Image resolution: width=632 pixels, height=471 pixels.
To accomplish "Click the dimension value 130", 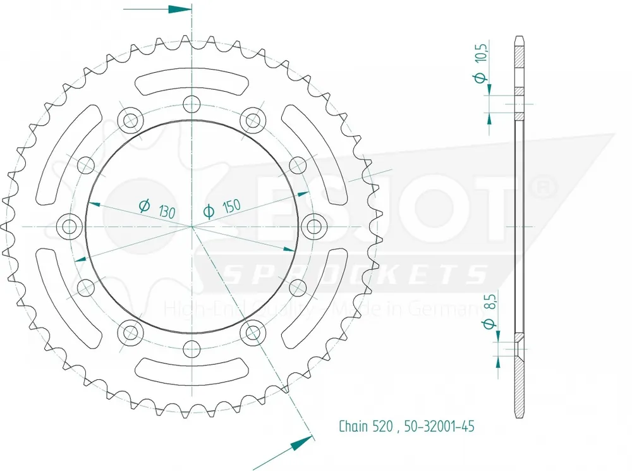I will pos(167,210).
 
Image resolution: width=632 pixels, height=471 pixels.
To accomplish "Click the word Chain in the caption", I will pos(353,426).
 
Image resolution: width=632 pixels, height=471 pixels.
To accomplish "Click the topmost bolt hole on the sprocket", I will pos(191,104).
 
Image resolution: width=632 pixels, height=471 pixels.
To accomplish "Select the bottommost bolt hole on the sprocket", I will pos(191,348).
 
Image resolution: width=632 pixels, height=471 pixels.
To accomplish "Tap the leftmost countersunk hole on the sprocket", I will pos(70,226).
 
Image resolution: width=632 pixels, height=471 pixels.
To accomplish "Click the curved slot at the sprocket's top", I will pos(191,82).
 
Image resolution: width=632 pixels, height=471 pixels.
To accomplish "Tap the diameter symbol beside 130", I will pos(143,205).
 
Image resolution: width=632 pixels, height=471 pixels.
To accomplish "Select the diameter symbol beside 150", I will pos(207,212).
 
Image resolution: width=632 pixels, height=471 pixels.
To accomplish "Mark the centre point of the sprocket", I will pos(191,226).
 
